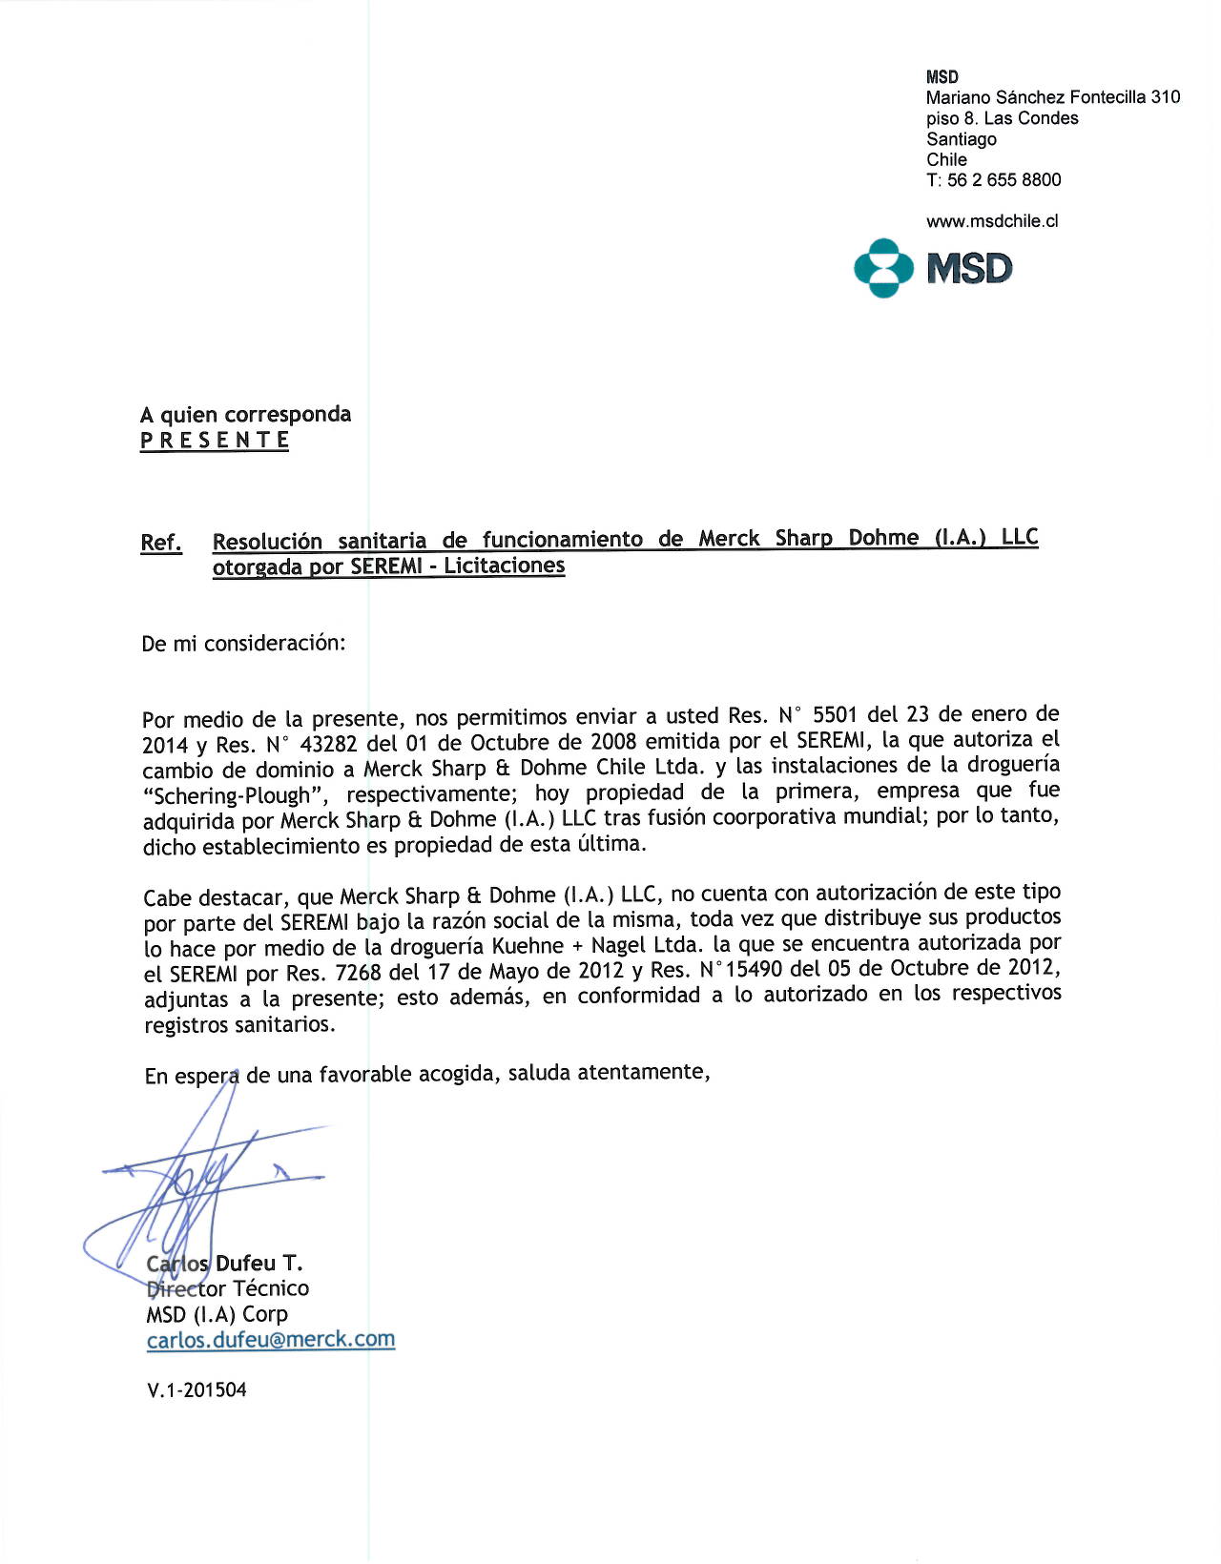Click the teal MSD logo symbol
click(x=883, y=268)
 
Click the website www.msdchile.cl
click(x=992, y=221)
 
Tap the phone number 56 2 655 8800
click(x=1004, y=180)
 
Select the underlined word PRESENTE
click(x=215, y=441)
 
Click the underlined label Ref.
click(x=161, y=543)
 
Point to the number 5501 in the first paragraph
click(x=835, y=715)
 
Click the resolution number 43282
click(x=328, y=744)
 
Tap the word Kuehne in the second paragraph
click(x=528, y=946)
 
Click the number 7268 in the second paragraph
click(x=359, y=973)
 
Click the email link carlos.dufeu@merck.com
click(x=271, y=1339)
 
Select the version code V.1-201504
click(x=197, y=1389)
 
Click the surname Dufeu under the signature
click(x=245, y=1264)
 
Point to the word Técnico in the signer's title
click(x=271, y=1288)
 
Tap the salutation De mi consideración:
click(x=243, y=644)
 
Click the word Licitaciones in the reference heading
click(x=504, y=566)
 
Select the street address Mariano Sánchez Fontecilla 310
click(x=1053, y=97)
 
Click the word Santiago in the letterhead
click(x=962, y=139)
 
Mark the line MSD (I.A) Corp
click(x=217, y=1314)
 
